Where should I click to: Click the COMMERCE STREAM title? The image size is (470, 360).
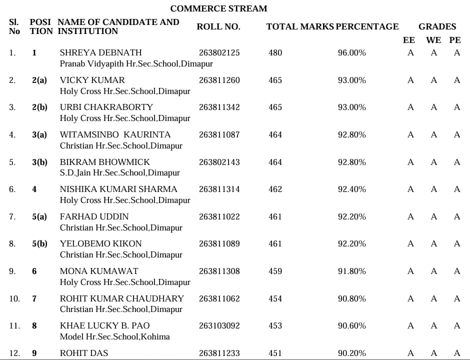point(218,8)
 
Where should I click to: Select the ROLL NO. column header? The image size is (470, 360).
point(218,27)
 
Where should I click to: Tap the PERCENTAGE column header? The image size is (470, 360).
point(367,27)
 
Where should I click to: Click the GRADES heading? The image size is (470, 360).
point(437,27)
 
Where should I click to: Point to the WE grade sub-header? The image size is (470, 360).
point(433,40)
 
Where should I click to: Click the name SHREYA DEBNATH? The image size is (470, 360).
point(100,52)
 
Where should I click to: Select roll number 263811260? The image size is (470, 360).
point(219,80)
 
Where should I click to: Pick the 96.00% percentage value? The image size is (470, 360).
point(351,52)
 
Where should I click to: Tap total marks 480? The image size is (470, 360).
point(275,52)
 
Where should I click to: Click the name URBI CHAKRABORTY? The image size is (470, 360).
point(106,107)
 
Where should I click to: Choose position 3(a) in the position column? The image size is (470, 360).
point(39,134)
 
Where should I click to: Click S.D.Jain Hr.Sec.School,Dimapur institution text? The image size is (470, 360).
point(119,173)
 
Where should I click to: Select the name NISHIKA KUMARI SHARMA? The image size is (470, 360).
point(118,189)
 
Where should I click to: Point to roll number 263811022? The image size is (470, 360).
point(219,216)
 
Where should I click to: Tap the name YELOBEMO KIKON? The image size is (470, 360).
point(100,243)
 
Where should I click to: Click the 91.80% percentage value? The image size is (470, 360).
point(351,271)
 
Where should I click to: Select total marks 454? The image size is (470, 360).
point(275,298)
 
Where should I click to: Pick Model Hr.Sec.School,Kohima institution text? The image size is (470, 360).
point(114,336)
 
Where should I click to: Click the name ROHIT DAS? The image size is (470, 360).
point(83,353)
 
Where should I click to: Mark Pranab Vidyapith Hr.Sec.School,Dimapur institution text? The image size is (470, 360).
point(136,64)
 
